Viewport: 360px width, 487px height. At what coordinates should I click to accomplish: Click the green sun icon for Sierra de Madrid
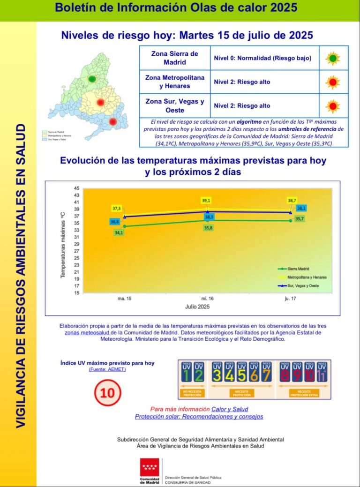(x=333, y=59)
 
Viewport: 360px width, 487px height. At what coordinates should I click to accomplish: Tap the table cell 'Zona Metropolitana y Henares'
(x=175, y=82)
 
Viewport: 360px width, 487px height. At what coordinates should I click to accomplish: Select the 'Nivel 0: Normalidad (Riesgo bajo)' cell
(x=262, y=59)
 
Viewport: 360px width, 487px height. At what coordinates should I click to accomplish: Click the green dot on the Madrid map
(x=92, y=79)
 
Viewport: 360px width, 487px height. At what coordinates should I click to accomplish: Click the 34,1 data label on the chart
(x=119, y=233)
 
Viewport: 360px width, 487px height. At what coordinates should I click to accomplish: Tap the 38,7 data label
(x=292, y=201)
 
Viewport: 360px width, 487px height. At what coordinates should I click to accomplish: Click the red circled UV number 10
(x=107, y=392)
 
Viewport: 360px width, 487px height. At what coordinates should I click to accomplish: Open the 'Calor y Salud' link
(x=230, y=409)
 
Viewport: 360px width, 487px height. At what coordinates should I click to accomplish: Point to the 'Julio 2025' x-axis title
(x=196, y=307)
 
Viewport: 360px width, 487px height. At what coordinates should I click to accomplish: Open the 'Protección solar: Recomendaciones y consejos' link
(x=199, y=416)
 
